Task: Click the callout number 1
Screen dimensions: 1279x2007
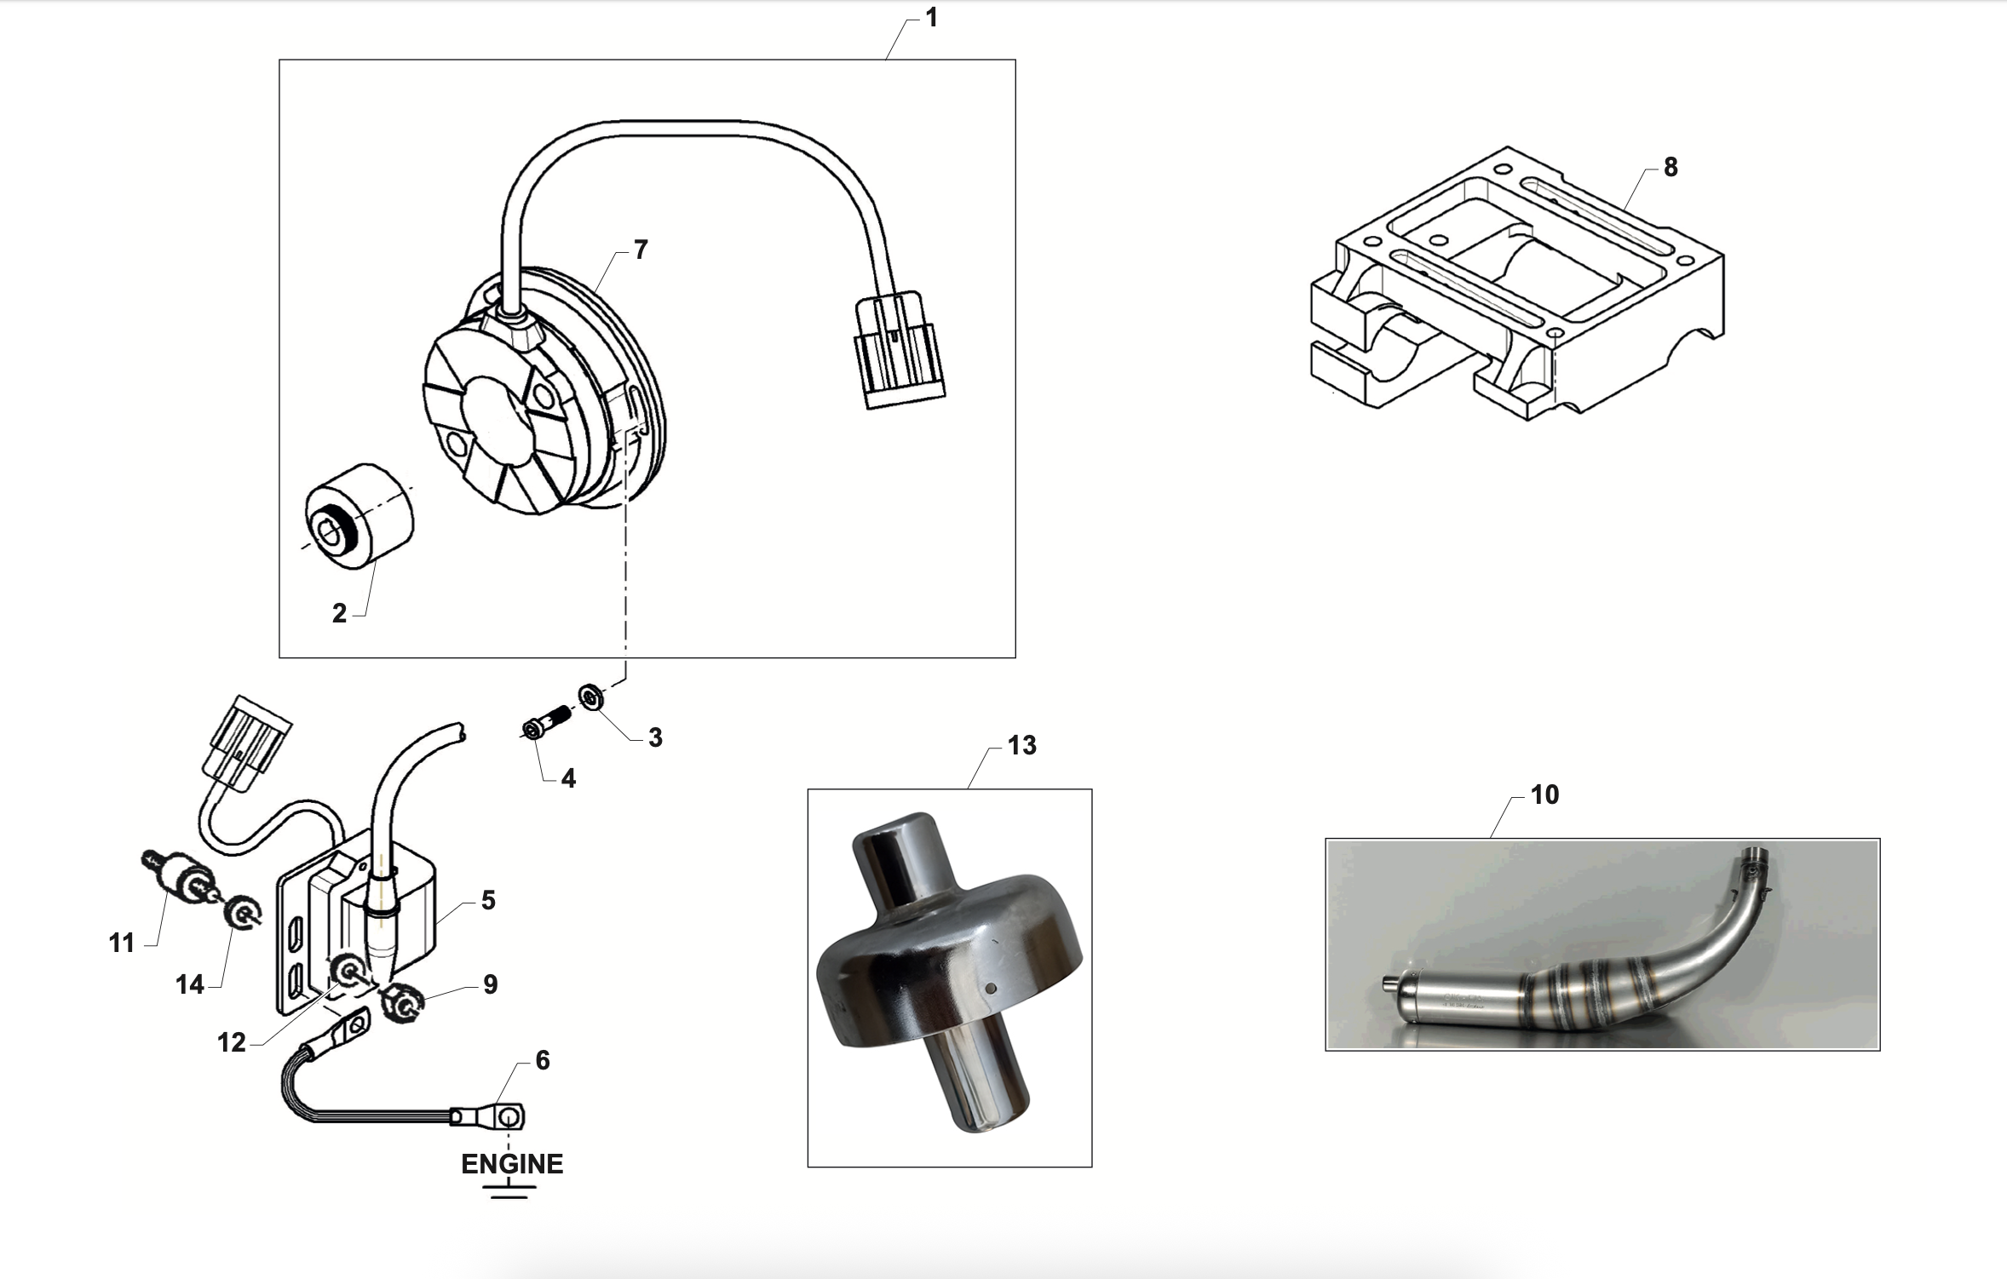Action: (931, 18)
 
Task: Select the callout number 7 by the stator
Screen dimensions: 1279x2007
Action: (641, 249)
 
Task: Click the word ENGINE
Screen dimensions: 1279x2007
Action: (512, 1164)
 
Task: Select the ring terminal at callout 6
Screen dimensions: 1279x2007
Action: (509, 1116)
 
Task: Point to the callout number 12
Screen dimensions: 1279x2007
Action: (231, 1042)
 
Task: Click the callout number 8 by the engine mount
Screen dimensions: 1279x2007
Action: (1670, 168)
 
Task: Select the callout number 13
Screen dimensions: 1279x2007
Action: (1021, 746)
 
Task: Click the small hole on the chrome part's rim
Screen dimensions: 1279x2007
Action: (992, 989)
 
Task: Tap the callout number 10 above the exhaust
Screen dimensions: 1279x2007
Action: (1544, 795)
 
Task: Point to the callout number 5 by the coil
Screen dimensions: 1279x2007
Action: (488, 901)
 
